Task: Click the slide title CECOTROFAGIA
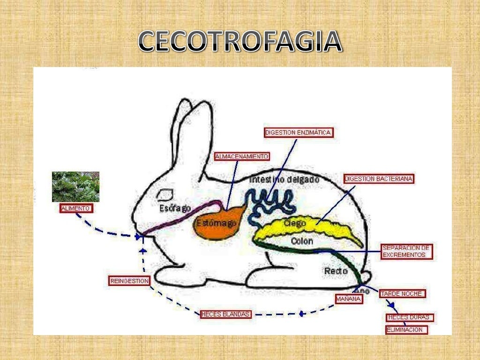point(240,42)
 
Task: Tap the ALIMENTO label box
point(76,209)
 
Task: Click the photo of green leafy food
point(75,187)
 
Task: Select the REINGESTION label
point(129,281)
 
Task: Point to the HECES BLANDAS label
point(225,314)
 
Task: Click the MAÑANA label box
point(349,299)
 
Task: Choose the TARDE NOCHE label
point(402,294)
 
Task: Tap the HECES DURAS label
point(409,317)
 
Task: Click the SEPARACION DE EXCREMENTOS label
point(406,252)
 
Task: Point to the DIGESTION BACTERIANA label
point(379,179)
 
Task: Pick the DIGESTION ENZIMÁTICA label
point(298,133)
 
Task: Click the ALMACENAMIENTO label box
point(241,157)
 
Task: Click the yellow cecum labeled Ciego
point(319,230)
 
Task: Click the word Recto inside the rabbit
point(336,271)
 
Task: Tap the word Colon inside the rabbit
point(302,241)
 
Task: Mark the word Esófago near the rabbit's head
point(175,208)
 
